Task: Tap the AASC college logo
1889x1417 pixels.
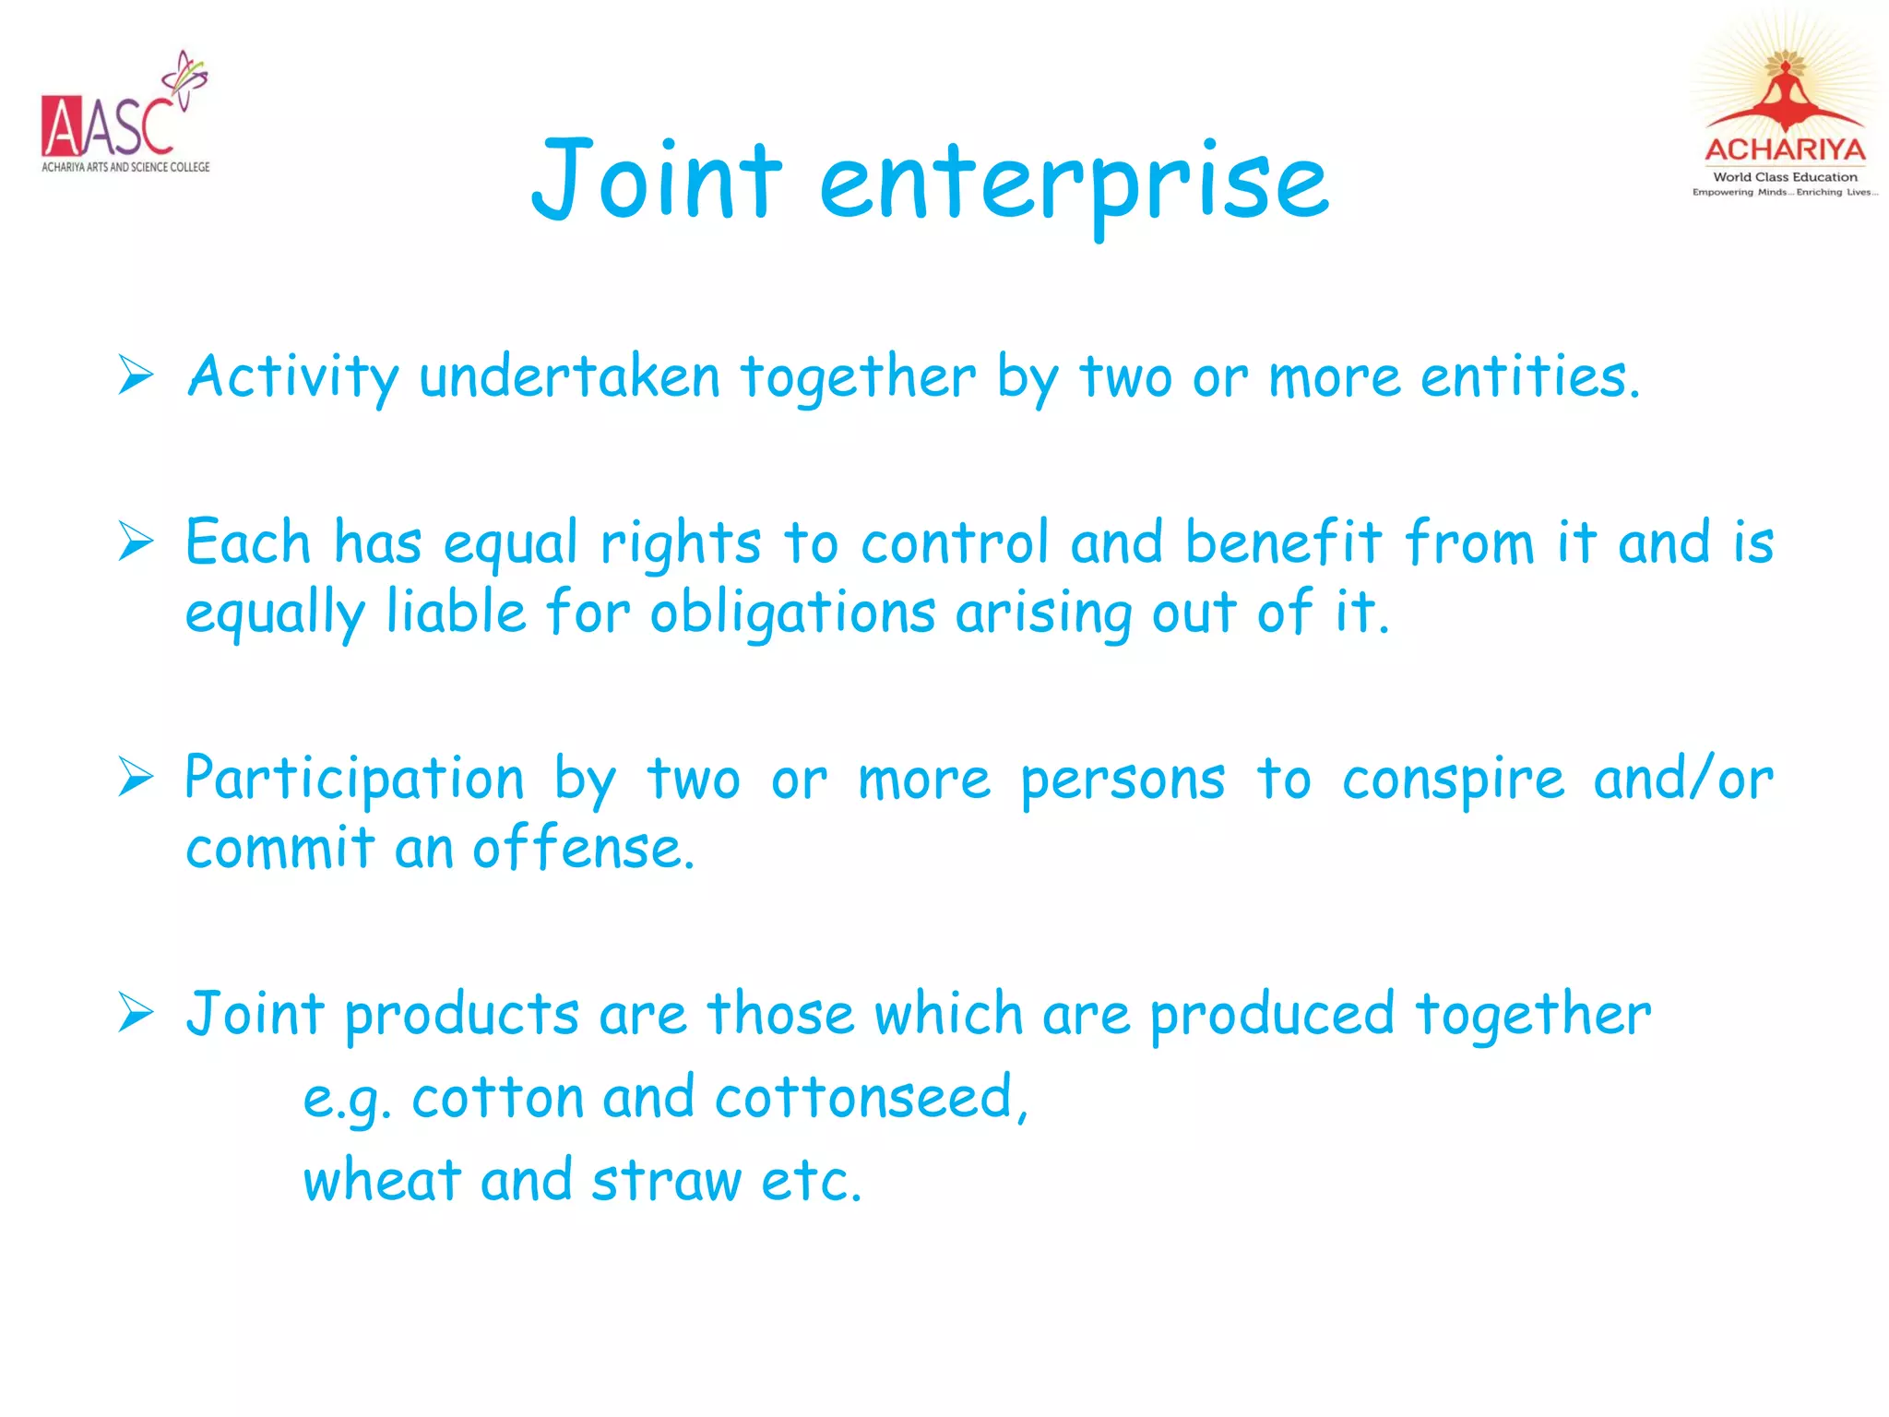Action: click(x=125, y=114)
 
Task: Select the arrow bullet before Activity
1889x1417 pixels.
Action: click(x=136, y=375)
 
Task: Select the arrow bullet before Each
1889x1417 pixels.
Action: click(x=136, y=541)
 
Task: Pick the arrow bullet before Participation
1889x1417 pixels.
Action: click(x=136, y=777)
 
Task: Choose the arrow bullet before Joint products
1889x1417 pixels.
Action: click(x=136, y=1013)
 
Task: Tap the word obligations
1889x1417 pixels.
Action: click(x=793, y=613)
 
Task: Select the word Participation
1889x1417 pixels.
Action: click(x=354, y=780)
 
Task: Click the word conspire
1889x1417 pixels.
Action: click(x=1454, y=780)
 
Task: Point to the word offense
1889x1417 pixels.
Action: click(x=583, y=849)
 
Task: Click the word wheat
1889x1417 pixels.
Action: click(x=382, y=1181)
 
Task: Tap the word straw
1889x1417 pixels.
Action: click(x=666, y=1181)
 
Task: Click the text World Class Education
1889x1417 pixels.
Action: click(x=1785, y=177)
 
